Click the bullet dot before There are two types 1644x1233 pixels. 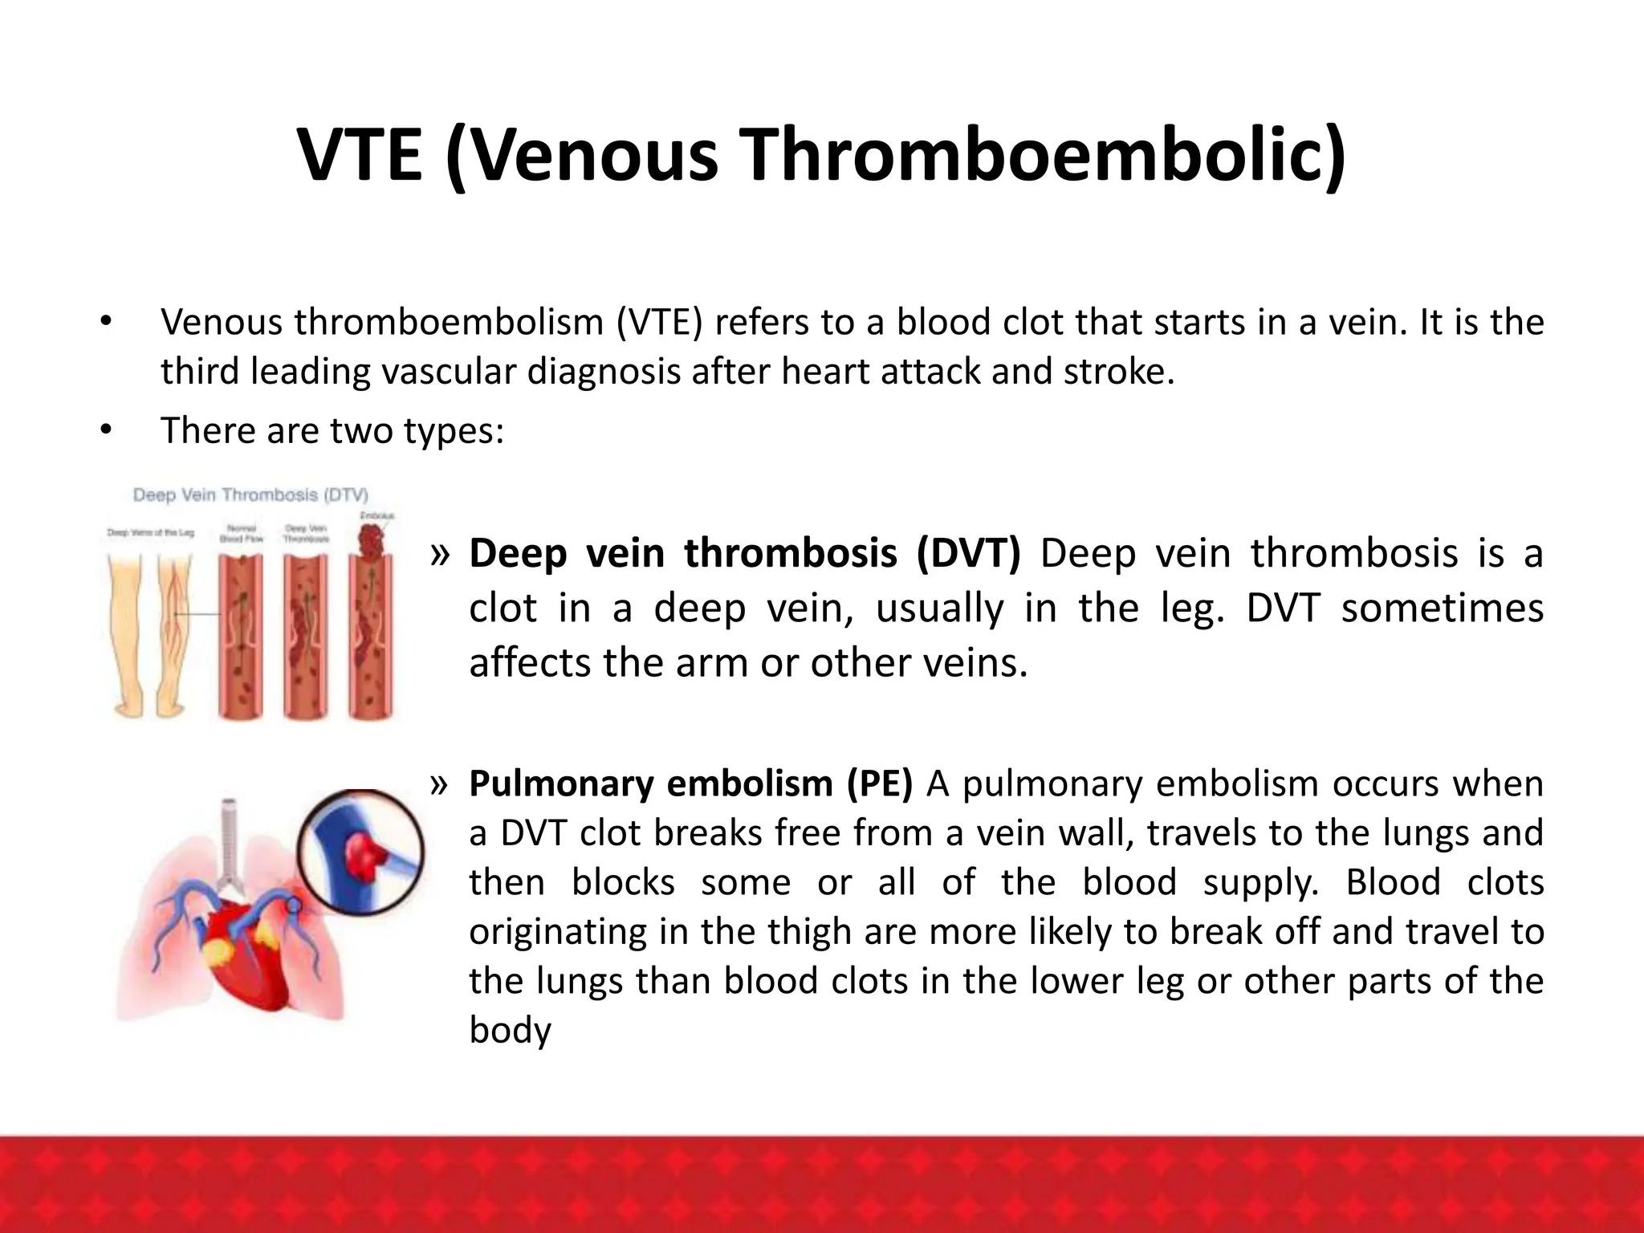click(x=106, y=430)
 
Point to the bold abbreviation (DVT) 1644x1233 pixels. click(x=968, y=554)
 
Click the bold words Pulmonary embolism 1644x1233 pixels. click(x=651, y=783)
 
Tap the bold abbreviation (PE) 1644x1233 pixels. click(x=880, y=783)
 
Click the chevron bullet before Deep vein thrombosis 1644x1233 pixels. click(x=440, y=555)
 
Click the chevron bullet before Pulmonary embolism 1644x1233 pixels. click(x=440, y=784)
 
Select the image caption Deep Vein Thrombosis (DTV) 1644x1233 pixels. click(x=250, y=495)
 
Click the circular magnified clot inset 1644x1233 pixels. click(x=360, y=852)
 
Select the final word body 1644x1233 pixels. click(x=510, y=1030)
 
